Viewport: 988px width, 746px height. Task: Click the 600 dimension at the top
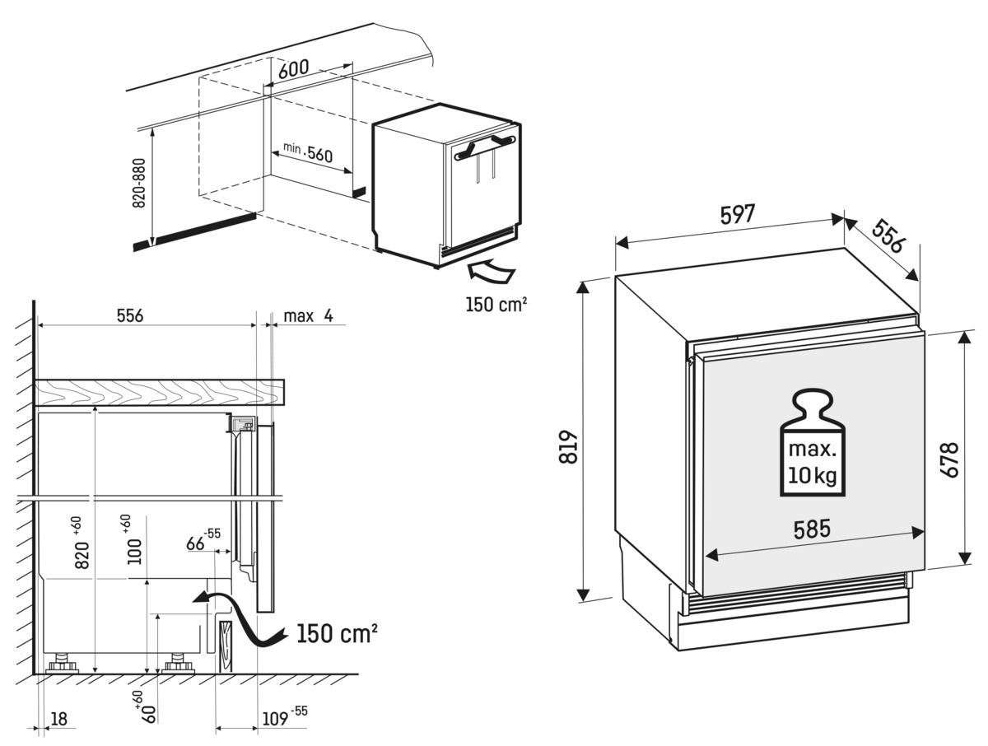coord(293,69)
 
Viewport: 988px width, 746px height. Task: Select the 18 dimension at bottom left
coord(58,719)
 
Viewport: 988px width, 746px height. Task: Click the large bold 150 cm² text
coord(336,633)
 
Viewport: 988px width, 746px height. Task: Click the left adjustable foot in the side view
coord(60,663)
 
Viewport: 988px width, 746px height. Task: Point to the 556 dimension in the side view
coord(130,315)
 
